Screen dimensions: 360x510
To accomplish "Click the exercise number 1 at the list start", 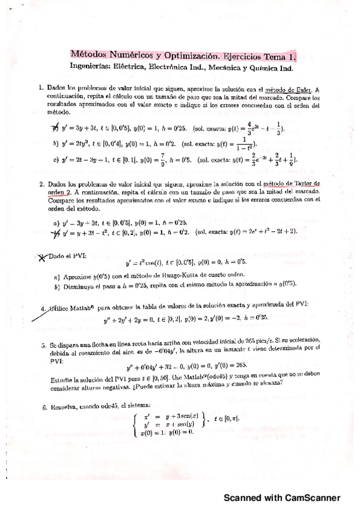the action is tap(40, 88).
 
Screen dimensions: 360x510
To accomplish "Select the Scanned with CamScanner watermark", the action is tap(282, 497).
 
